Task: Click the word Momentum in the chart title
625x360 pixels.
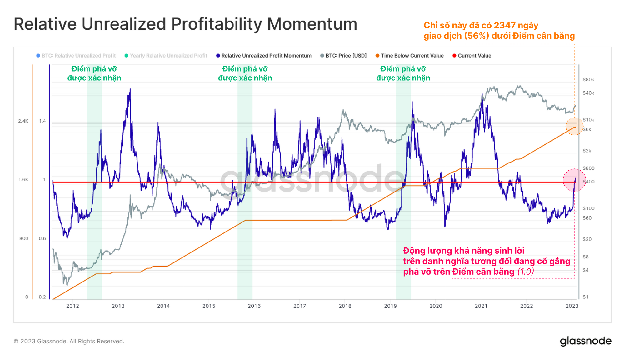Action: (312, 24)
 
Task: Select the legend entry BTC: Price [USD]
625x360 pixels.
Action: (346, 56)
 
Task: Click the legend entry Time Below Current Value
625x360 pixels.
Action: (412, 56)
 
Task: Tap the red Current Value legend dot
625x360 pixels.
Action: (454, 56)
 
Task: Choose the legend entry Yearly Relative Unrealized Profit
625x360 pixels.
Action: (168, 56)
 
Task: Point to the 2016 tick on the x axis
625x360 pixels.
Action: (254, 306)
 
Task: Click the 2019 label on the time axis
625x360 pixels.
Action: (390, 306)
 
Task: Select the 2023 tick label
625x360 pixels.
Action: (572, 306)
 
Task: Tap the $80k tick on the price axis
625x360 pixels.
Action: (588, 80)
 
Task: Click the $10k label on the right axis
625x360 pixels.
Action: (588, 120)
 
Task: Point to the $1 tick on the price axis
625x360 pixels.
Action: (586, 297)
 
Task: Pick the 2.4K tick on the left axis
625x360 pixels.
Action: (23, 121)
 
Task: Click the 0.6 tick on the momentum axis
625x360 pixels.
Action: (42, 238)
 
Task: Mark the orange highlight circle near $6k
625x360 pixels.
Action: (574, 127)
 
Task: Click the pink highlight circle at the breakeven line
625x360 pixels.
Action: (574, 180)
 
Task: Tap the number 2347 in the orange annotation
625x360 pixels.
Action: (504, 26)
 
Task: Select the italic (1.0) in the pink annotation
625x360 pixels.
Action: (526, 272)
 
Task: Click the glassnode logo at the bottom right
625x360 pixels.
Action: (586, 341)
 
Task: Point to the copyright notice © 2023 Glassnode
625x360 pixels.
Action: (69, 341)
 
